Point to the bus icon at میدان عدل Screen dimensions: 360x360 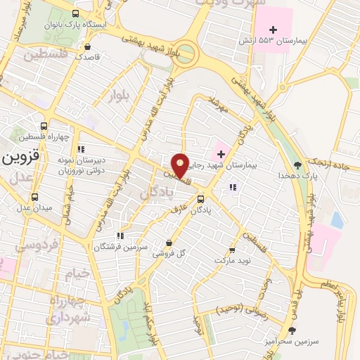(35, 198)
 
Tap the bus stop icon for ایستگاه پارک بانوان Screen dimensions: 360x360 (76, 13)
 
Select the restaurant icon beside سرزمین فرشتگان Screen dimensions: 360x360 (120, 236)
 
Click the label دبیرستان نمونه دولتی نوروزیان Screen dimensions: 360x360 (62, 165)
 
